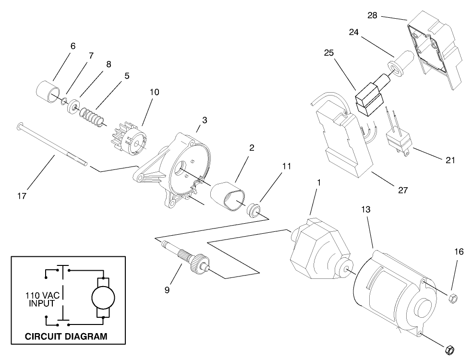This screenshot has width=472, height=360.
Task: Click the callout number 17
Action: [x=22, y=196]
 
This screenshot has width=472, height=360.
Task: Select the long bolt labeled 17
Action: [x=53, y=144]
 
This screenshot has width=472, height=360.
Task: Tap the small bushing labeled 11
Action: [x=254, y=210]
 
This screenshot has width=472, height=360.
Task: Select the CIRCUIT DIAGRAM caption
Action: [x=66, y=336]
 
